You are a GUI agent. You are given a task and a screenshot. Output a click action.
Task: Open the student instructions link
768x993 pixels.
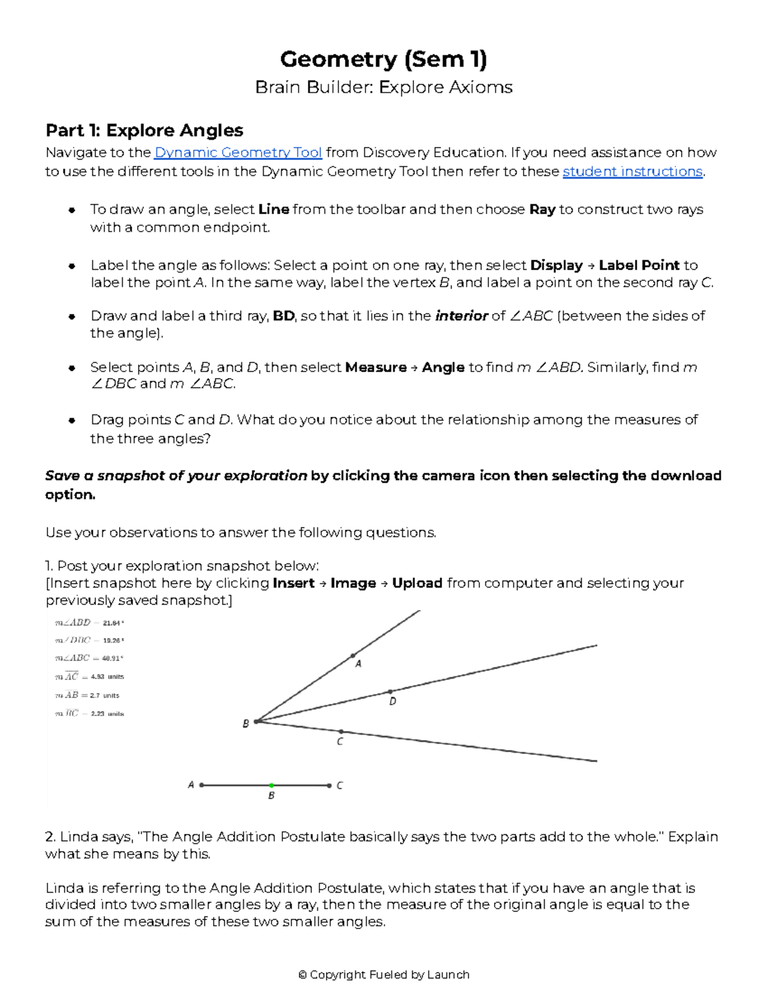coord(632,171)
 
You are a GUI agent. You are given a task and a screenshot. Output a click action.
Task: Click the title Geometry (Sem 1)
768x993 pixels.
coord(383,59)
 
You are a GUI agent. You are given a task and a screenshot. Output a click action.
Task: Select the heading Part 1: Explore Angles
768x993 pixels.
coord(144,130)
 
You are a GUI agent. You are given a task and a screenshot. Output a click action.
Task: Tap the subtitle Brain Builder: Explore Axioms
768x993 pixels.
coord(383,88)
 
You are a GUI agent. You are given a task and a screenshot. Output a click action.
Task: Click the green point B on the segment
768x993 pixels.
coord(271,785)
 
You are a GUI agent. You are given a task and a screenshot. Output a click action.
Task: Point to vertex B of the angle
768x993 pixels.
coord(256,721)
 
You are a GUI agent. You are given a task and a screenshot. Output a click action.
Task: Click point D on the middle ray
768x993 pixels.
coord(390,692)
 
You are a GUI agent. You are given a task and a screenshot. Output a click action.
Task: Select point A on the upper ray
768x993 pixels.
coord(353,655)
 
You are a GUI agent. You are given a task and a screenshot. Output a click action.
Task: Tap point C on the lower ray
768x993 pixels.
coord(341,731)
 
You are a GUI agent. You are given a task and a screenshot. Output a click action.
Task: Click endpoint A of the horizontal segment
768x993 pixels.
coord(202,785)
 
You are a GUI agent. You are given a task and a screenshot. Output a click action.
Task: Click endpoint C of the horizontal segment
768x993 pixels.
coord(329,785)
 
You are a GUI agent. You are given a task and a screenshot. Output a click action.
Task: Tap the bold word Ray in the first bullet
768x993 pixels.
coord(542,210)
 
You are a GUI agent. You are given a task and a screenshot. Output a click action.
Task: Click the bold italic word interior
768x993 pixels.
coord(461,316)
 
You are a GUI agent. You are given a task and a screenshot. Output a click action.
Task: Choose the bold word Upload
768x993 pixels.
coord(417,583)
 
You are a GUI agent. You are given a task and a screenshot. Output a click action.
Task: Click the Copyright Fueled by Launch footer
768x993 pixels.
coord(383,974)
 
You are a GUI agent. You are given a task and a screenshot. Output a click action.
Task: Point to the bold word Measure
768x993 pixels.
coord(376,368)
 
